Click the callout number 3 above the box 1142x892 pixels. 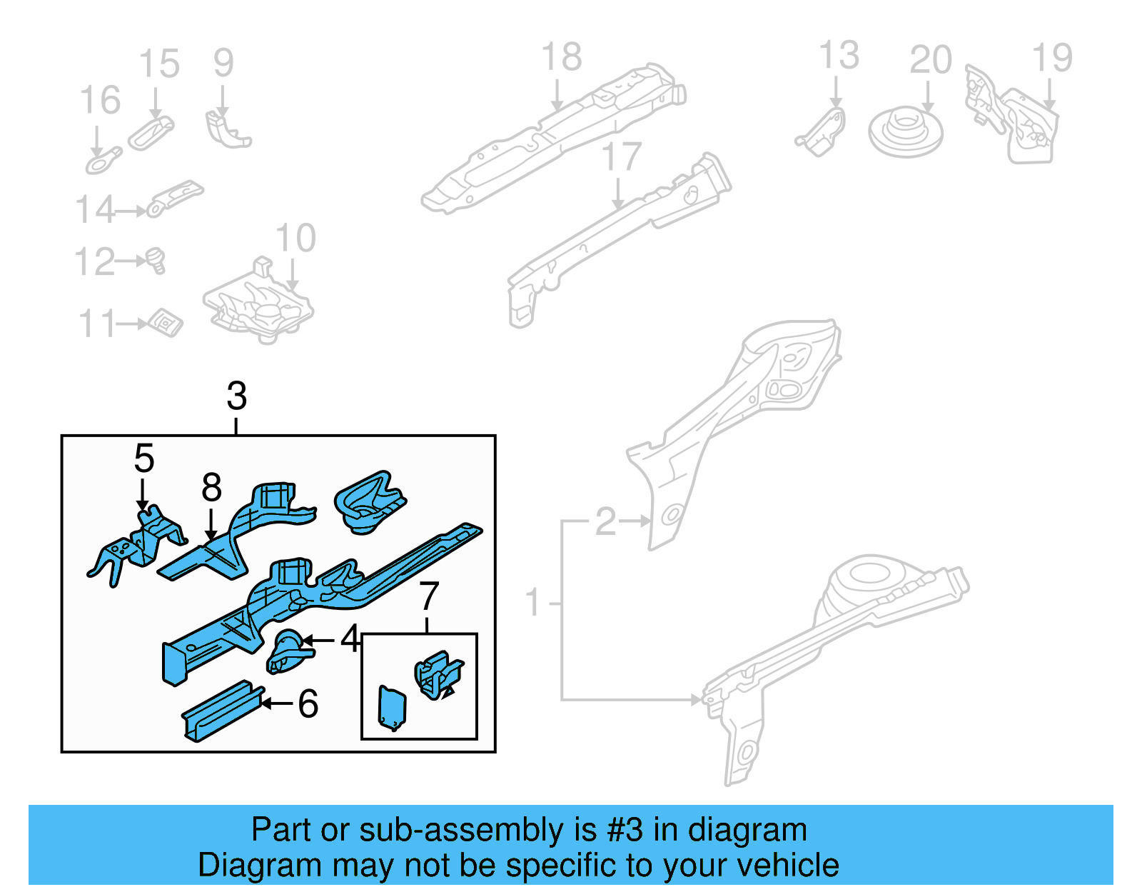237,396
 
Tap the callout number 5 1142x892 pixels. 143,458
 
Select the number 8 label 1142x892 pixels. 211,488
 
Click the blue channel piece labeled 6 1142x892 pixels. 221,710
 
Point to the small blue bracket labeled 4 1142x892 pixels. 288,651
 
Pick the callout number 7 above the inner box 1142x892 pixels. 428,596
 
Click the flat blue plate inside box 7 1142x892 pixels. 392,708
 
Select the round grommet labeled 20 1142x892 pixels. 905,132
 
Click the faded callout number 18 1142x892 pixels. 562,57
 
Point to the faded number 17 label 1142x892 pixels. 621,157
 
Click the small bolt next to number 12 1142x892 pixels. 156,260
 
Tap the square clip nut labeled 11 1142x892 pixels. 166,324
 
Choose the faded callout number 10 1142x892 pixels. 295,239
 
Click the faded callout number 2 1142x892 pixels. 605,522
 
